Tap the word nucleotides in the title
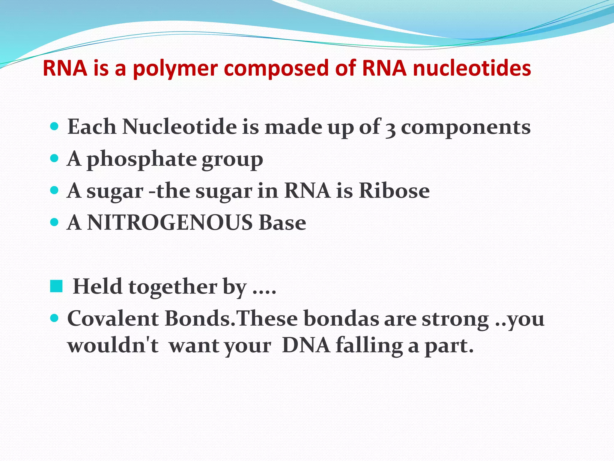pos(472,68)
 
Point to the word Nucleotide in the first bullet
pos(179,127)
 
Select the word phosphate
pos(142,159)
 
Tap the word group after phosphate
pos(232,160)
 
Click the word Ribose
pos(394,191)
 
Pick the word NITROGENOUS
pos(170,223)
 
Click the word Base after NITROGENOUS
pos(282,223)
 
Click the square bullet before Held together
pos(56,286)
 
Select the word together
pos(173,287)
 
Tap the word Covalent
pos(113,318)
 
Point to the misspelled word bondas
pos(341,318)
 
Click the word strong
pos(455,319)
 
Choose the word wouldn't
pos(113,345)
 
